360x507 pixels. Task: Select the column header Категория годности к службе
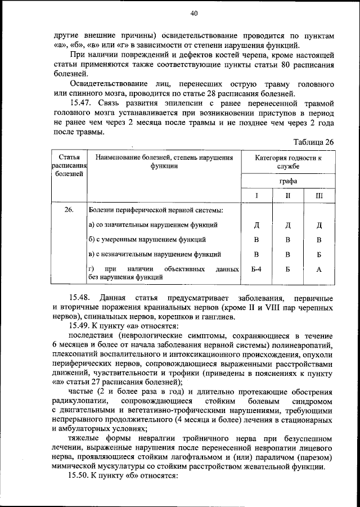[x=287, y=162]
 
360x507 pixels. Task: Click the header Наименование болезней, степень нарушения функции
[x=164, y=162]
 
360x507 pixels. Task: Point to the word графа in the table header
[x=287, y=182]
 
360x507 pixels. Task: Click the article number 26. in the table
[x=69, y=210]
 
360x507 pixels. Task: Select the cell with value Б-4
[x=256, y=270]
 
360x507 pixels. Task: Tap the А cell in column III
[x=318, y=270]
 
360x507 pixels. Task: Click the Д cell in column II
[x=287, y=226]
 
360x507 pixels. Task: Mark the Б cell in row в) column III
[x=318, y=254]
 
